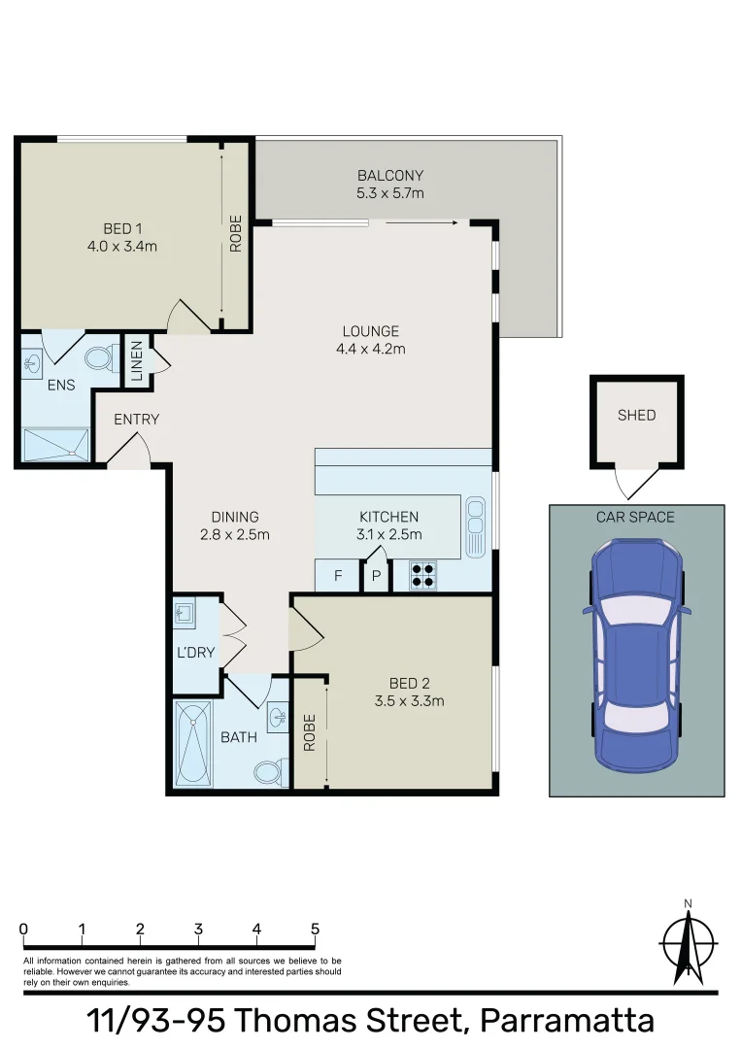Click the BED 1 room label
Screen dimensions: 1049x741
[x=118, y=228]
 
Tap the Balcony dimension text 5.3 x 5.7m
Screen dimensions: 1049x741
[x=389, y=193]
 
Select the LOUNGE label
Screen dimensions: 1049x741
[x=370, y=331]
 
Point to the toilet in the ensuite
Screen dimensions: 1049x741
[x=99, y=358]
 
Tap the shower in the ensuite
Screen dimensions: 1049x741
[x=56, y=445]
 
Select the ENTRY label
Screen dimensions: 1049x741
[x=136, y=420]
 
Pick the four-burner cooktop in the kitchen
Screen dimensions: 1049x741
[x=422, y=576]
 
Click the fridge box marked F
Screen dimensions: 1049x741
[x=338, y=576]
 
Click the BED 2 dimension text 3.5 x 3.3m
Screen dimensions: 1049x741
[x=409, y=700]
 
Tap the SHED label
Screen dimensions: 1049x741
[x=636, y=415]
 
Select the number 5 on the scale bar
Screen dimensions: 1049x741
[x=315, y=929]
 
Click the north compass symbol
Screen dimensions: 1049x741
[x=688, y=943]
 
